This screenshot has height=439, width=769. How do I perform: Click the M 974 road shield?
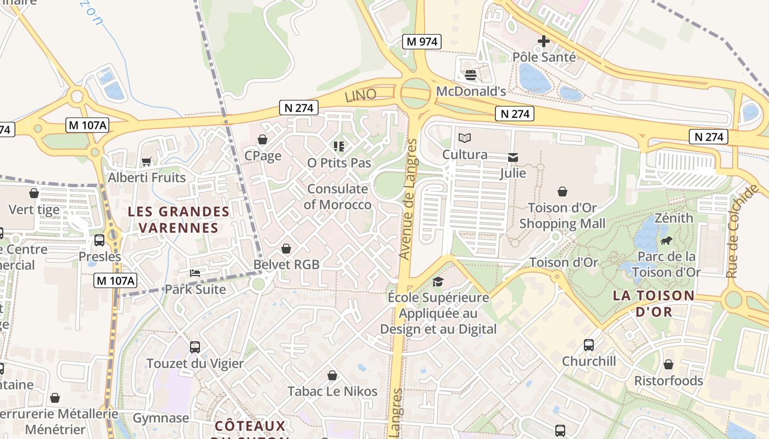point(422,41)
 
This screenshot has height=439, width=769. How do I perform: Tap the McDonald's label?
point(471,91)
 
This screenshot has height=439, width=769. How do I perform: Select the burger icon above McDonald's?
point(470,75)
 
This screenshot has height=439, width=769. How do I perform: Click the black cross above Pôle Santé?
point(543,41)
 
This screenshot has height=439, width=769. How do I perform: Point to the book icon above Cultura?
point(465,138)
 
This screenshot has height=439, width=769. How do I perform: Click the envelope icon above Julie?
point(513,157)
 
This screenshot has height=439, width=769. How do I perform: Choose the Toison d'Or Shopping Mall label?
point(562,216)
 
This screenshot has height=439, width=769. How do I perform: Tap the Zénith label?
point(674,218)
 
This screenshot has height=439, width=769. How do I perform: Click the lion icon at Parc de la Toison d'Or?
point(666,240)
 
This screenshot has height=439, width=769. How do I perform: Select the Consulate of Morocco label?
point(338,197)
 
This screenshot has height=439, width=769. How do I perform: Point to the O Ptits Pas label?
point(339,163)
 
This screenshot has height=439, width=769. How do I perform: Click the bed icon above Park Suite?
point(195,273)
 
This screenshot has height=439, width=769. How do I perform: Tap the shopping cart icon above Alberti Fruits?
point(147,161)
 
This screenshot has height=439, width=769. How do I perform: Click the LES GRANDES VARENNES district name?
point(179,219)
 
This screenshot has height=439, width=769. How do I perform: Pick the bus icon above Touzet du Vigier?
point(195,347)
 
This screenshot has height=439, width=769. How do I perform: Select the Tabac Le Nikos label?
point(333,391)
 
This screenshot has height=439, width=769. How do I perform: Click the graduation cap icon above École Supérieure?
point(438,282)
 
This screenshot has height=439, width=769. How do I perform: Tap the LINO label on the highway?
point(360,95)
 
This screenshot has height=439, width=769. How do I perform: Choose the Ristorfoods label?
point(668,381)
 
